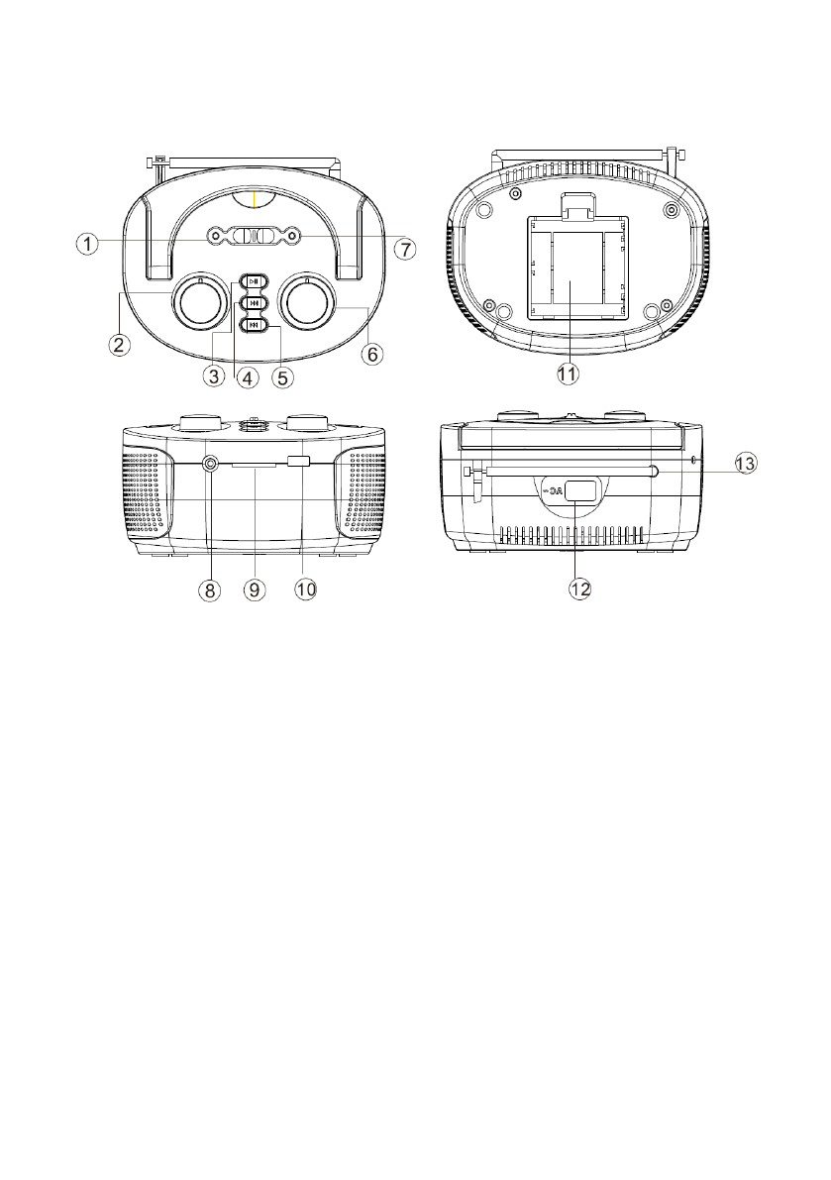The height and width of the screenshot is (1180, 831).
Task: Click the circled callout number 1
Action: point(87,244)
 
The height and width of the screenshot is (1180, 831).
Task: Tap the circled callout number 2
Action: point(117,346)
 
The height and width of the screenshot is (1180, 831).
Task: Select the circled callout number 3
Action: point(215,375)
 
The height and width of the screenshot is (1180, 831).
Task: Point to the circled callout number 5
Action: point(282,375)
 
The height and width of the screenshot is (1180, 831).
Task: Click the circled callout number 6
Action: point(372,353)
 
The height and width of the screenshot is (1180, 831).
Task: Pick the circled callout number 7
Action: point(405,249)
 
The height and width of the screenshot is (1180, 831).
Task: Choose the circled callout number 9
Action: point(255,590)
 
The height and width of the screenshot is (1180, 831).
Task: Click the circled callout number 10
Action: point(305,590)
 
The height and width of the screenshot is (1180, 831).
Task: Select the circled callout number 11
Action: point(569,374)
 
